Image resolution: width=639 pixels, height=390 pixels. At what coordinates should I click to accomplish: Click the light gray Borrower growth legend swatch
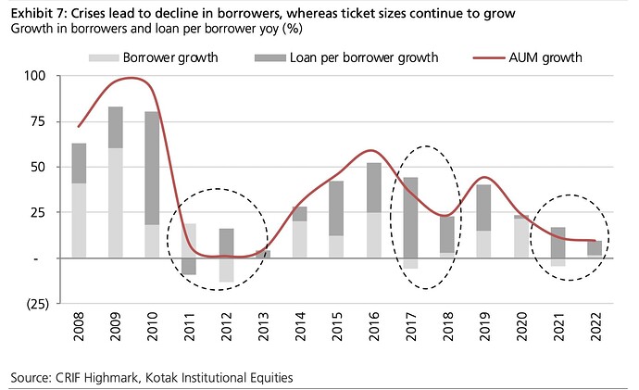pyautogui.click(x=110, y=57)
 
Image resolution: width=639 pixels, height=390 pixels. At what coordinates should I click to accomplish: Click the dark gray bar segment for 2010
pyautogui.click(x=152, y=168)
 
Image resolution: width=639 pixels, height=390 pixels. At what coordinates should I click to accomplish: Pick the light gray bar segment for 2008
pyautogui.click(x=79, y=220)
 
